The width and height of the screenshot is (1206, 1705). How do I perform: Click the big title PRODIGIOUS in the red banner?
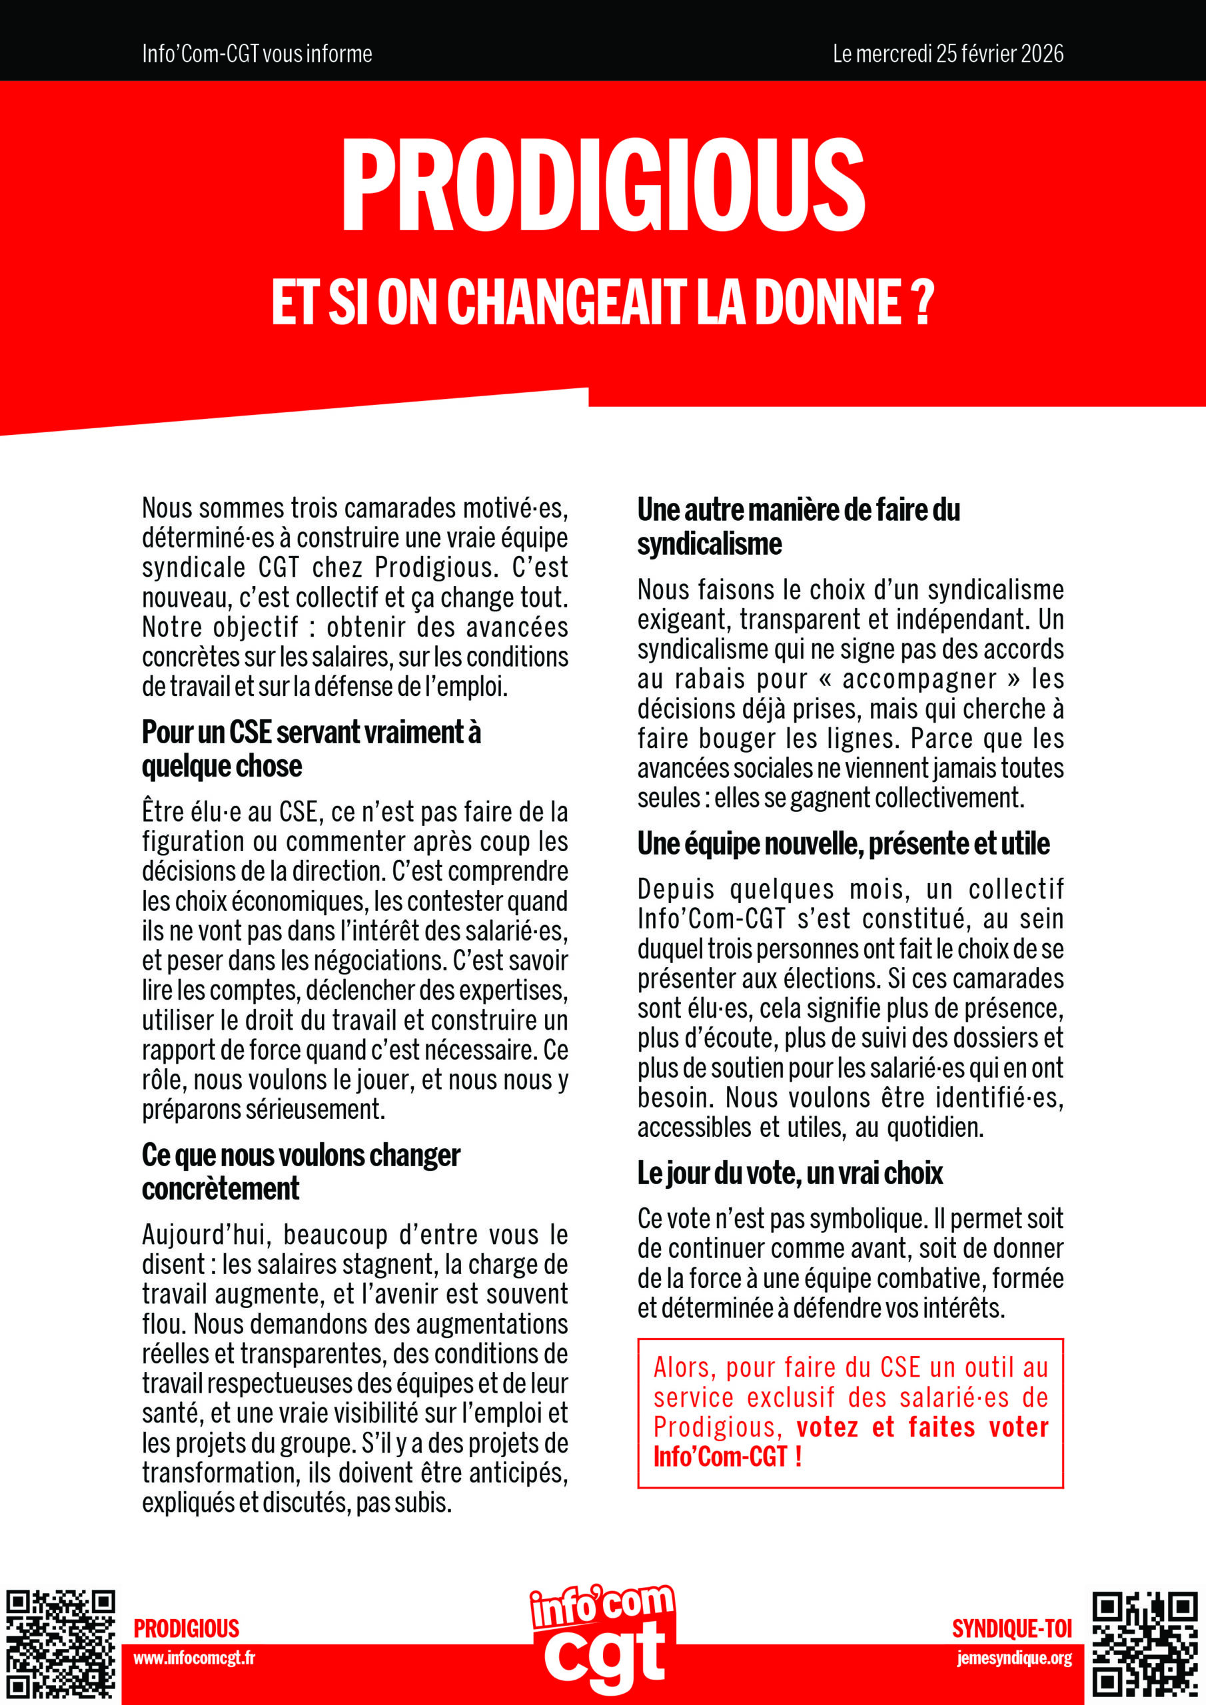click(x=602, y=186)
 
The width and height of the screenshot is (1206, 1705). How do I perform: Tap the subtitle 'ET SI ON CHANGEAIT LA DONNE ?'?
click(x=602, y=302)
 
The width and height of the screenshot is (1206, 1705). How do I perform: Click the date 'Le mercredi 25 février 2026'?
click(x=947, y=53)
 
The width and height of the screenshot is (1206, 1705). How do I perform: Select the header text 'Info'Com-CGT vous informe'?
click(x=257, y=53)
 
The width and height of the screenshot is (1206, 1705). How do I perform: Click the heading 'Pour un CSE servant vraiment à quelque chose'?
click(x=311, y=749)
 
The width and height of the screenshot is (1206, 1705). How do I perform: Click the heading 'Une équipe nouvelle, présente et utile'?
click(x=844, y=844)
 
